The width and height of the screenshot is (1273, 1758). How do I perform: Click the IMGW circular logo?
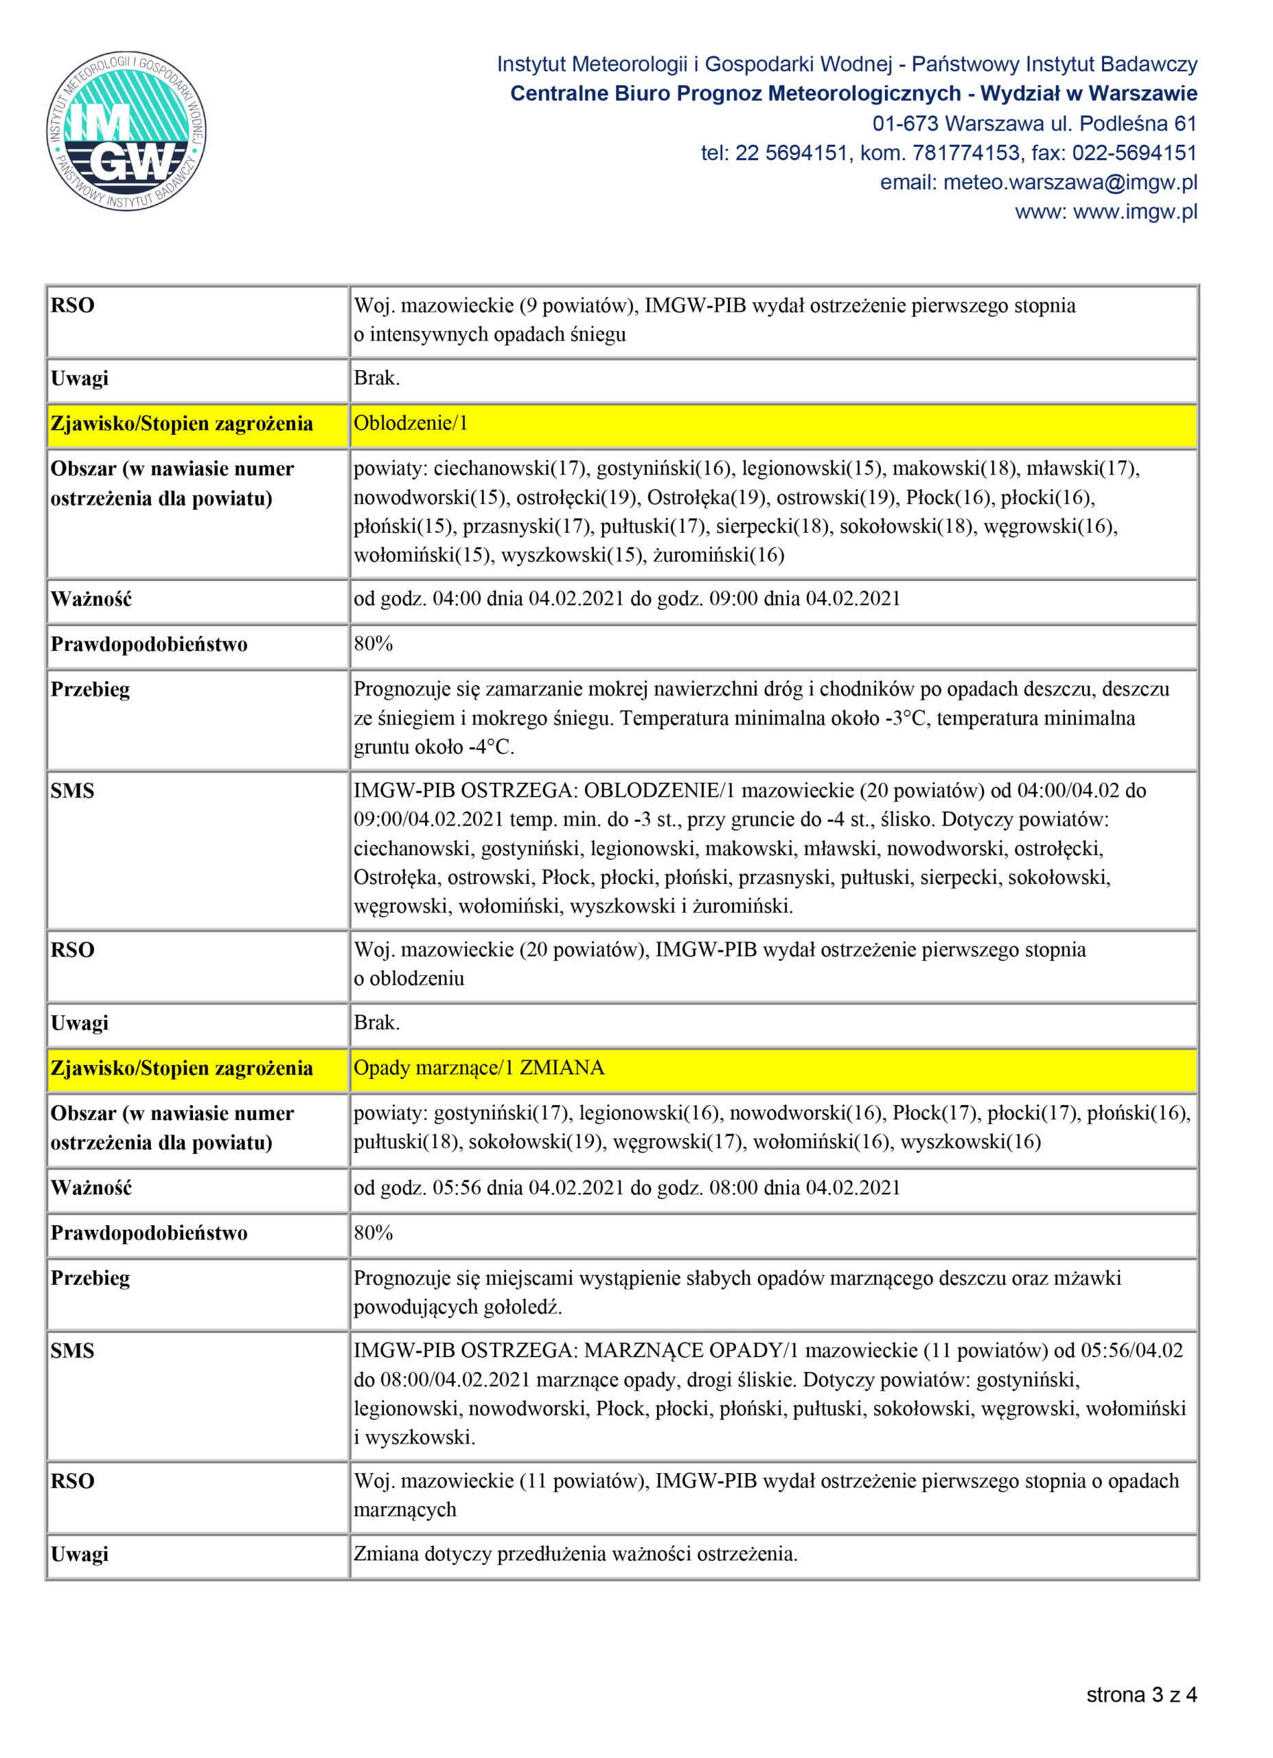[126, 130]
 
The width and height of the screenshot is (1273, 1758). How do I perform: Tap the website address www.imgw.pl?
[1135, 212]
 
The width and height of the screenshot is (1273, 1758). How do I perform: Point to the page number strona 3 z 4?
[1140, 1696]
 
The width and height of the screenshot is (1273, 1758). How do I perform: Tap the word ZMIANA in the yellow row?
[562, 1068]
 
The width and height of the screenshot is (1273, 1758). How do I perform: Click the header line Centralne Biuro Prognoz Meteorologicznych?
[735, 94]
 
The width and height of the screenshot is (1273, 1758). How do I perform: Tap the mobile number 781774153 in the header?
[965, 153]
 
